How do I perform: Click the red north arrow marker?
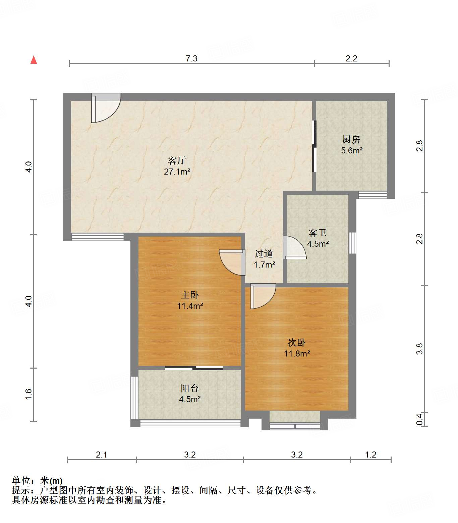[x=34, y=60]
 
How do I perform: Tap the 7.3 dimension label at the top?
[x=191, y=58]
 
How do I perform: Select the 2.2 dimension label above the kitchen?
[x=351, y=58]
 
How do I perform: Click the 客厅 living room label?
[x=177, y=160]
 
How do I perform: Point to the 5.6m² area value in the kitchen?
[x=352, y=150]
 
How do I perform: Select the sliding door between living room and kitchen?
[x=314, y=146]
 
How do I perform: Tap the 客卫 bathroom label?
[x=318, y=233]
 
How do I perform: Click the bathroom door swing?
[x=294, y=248]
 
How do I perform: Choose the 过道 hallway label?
[x=264, y=254]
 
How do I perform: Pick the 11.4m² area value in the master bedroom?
[x=190, y=306]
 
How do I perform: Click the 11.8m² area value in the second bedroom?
[x=297, y=353]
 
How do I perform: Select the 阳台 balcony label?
[x=190, y=388]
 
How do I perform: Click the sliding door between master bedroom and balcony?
[x=194, y=368]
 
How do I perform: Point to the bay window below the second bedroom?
[x=295, y=426]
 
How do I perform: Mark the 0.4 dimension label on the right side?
[x=419, y=419]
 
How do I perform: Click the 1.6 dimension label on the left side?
[x=28, y=394]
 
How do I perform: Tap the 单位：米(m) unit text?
[x=37, y=481]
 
